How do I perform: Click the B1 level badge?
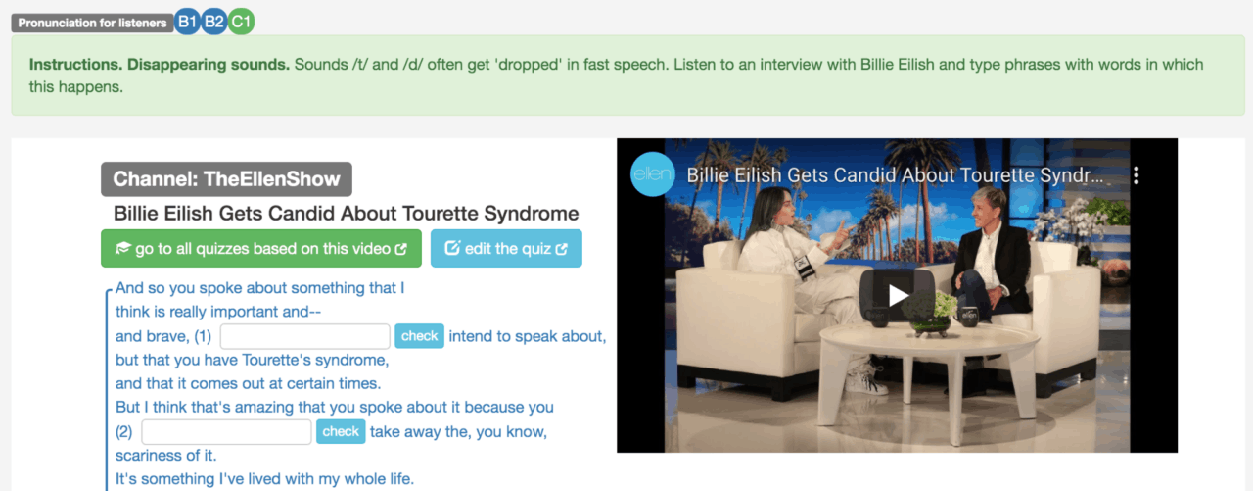187,23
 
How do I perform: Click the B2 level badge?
214,23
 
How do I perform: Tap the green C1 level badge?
241,23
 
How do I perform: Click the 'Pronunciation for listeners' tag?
92,23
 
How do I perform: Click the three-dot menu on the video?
1137,176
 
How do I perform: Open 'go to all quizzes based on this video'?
261,249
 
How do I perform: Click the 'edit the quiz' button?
506,249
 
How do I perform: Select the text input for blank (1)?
305,336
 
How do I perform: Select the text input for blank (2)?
227,431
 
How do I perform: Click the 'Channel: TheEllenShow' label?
226,179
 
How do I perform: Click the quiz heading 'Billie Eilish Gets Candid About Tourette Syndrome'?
347,214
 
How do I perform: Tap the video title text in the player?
895,176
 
